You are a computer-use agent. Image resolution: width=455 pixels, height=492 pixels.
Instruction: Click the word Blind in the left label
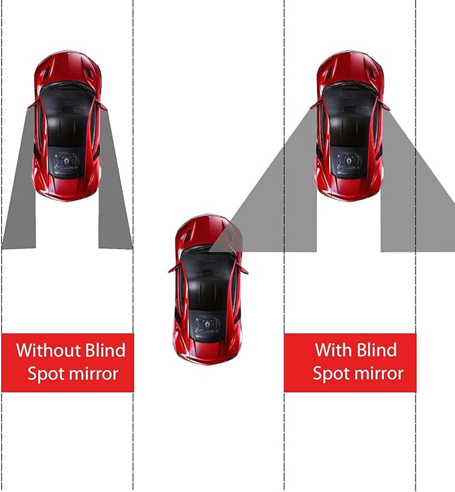105,350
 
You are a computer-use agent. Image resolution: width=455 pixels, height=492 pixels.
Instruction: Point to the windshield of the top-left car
67,97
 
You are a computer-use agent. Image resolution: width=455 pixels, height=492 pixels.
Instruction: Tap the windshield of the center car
208,262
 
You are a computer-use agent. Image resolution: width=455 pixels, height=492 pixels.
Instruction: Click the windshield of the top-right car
349,97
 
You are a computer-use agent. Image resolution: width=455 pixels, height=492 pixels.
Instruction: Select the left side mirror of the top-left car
31,105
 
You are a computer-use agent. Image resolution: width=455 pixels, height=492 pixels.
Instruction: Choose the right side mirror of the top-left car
103,105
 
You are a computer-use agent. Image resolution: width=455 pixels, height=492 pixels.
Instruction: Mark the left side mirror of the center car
173,268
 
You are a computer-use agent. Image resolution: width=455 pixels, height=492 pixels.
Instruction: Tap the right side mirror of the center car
243,270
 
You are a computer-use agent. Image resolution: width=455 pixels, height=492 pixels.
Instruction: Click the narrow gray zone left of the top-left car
20,188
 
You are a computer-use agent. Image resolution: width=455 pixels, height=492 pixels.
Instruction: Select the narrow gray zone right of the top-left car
114,188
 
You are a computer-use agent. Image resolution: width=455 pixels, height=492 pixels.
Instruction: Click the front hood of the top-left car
67,67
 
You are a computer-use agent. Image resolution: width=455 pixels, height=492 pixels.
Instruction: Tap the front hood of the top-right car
349,67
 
